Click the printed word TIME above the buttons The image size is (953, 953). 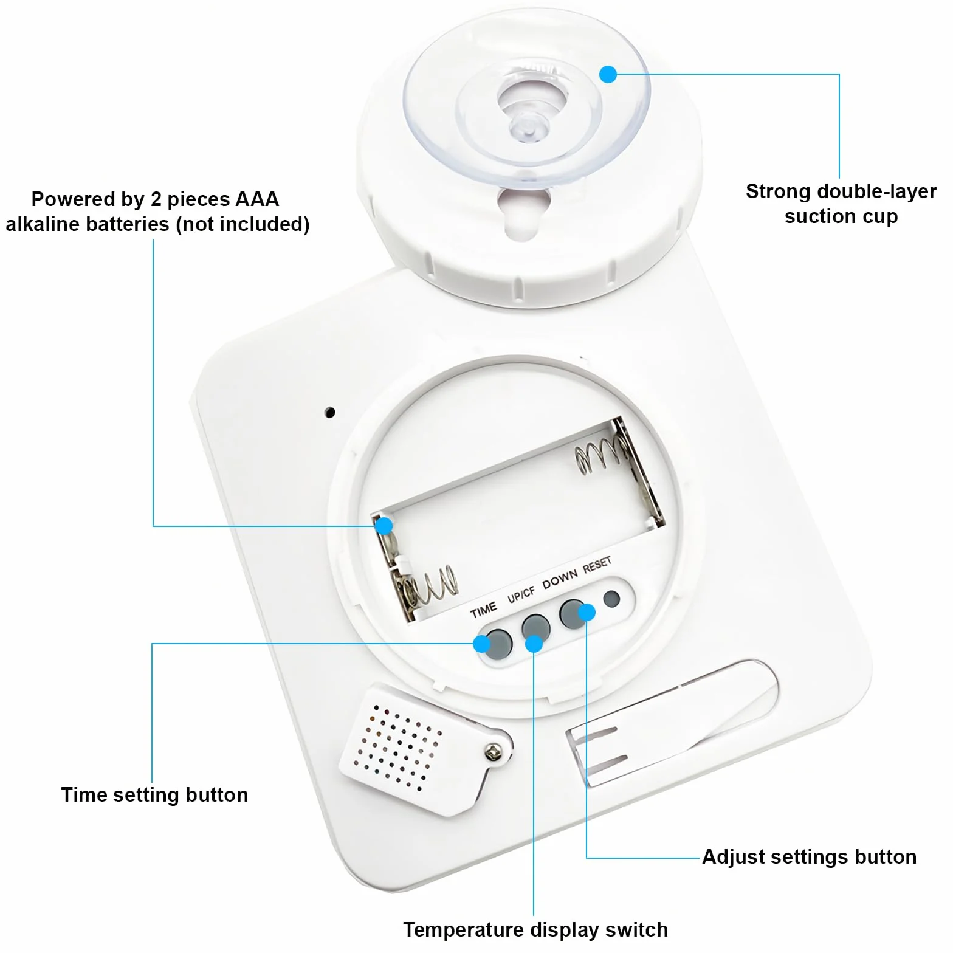tap(484, 610)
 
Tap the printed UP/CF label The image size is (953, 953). tap(521, 594)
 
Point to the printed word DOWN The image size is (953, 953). tap(560, 579)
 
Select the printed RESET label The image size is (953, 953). tap(597, 565)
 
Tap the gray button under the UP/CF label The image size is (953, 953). tap(536, 628)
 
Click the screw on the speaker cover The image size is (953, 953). tap(494, 753)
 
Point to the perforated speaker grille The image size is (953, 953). tap(398, 747)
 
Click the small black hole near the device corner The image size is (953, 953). tap(330, 413)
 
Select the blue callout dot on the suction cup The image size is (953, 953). tap(608, 74)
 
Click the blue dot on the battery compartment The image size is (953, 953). tap(384, 526)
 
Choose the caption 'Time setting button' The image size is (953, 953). tap(154, 795)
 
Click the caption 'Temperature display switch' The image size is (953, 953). tap(535, 930)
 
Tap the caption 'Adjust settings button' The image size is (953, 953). tap(809, 857)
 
